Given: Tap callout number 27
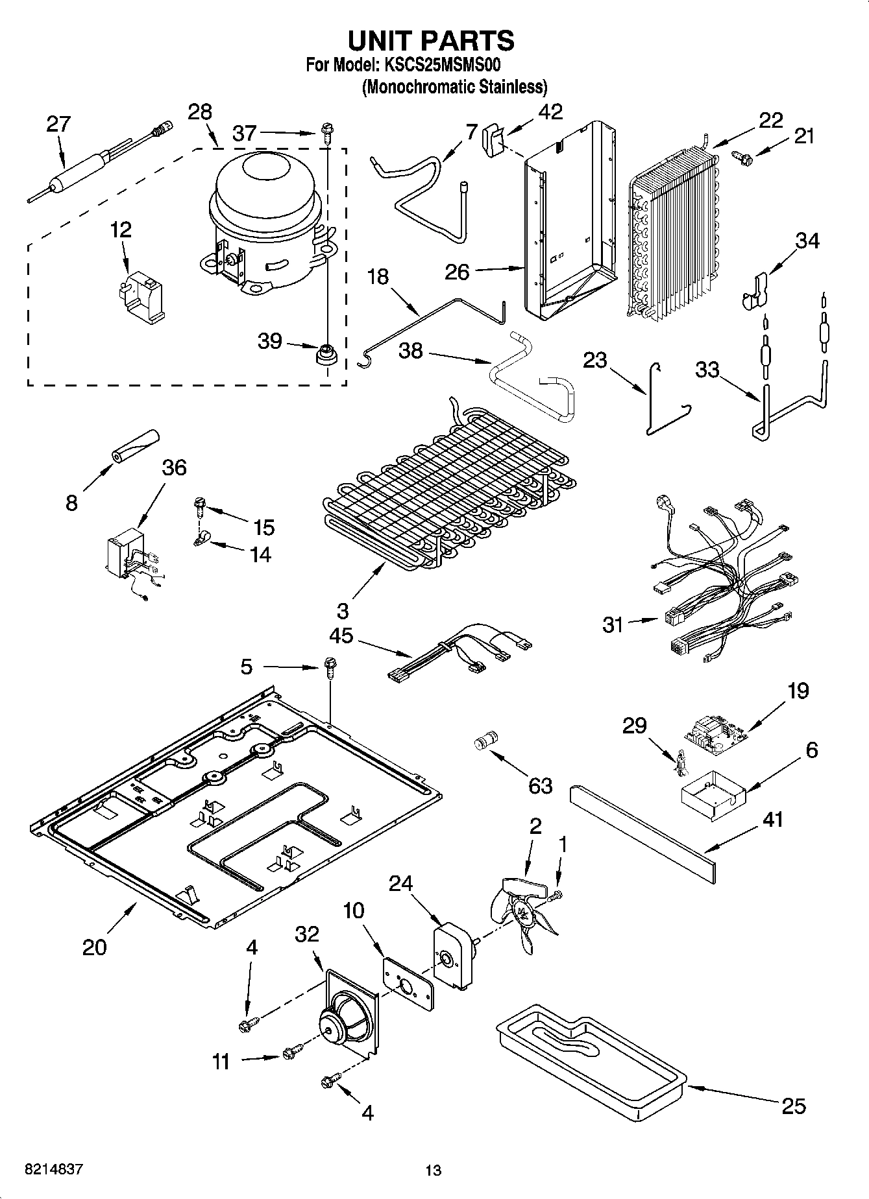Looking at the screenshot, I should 58,124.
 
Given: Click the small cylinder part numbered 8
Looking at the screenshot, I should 134,447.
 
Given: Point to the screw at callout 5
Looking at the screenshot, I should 330,667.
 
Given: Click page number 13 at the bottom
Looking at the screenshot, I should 433,1170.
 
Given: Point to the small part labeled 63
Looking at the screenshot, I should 486,740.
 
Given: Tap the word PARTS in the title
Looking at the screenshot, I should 467,40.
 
